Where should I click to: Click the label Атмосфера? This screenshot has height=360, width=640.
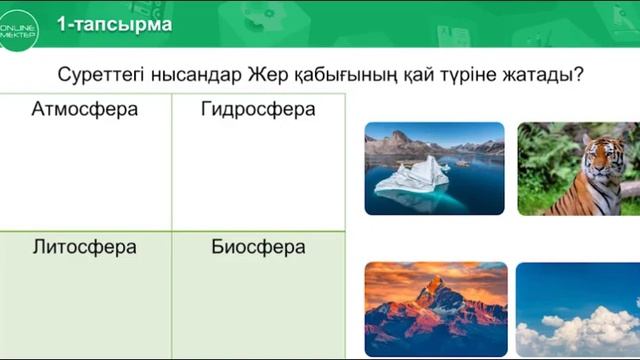click(85, 109)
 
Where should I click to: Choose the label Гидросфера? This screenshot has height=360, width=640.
click(258, 109)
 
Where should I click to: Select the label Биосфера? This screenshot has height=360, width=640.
click(258, 247)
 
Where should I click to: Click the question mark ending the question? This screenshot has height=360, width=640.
click(579, 74)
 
